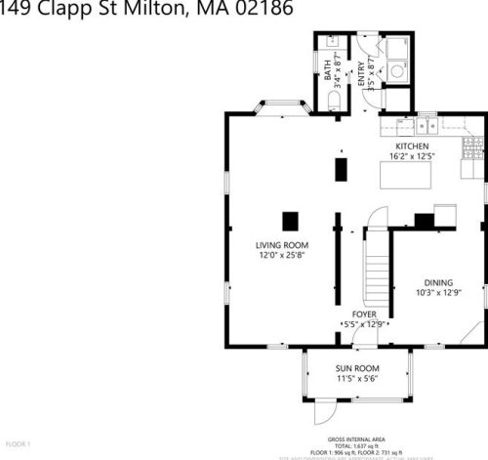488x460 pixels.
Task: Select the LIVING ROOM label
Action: [282, 245]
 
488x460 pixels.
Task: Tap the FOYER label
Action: [364, 314]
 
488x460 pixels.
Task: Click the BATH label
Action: [327, 68]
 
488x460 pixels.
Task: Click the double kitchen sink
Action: [426, 125]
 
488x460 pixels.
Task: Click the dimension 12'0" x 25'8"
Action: [282, 255]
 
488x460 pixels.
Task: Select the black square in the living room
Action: [290, 220]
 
